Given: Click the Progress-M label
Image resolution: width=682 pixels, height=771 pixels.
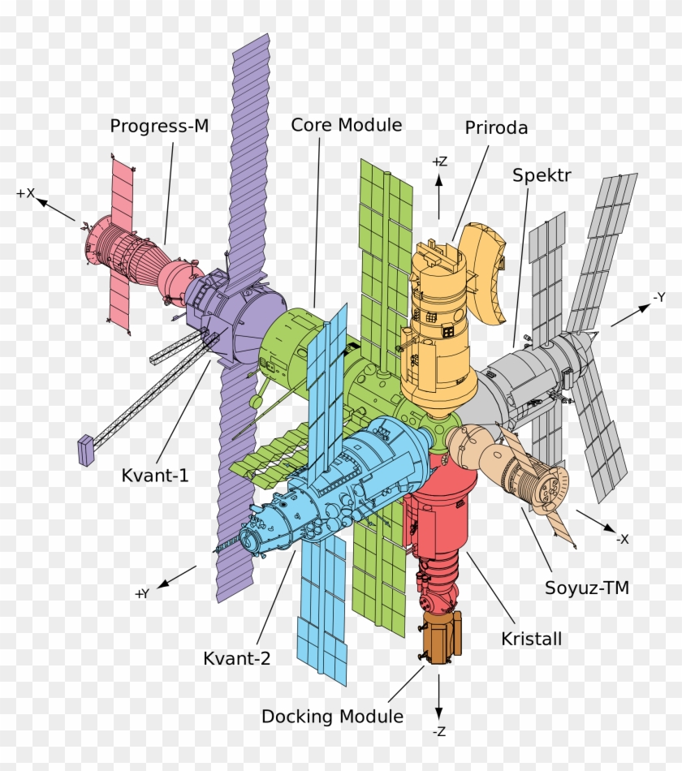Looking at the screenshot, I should coord(159,126).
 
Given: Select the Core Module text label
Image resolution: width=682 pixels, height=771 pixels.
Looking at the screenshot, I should coord(347,125).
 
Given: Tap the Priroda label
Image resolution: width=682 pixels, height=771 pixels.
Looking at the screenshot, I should coord(496,127).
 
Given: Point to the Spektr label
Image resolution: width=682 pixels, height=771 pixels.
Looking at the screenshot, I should coord(542,175).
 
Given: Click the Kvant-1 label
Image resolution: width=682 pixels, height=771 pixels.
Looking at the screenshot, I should coord(155,476).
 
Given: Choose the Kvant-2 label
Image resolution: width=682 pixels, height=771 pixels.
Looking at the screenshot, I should coord(236,658).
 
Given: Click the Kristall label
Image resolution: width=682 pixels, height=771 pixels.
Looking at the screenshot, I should coord(532,639).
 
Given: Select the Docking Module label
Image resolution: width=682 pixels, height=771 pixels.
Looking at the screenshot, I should coord(332,717).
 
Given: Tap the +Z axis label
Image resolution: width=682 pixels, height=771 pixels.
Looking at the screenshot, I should coord(439,162).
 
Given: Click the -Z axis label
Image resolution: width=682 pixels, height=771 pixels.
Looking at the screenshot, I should coord(438,731).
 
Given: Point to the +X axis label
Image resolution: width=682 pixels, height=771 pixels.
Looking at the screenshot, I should coord(25,193).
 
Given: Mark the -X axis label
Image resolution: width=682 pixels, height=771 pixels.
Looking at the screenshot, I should coord(622,539).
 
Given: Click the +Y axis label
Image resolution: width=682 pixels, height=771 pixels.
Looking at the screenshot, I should coord(142,593).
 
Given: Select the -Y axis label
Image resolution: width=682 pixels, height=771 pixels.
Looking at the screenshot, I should coord(658,298).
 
